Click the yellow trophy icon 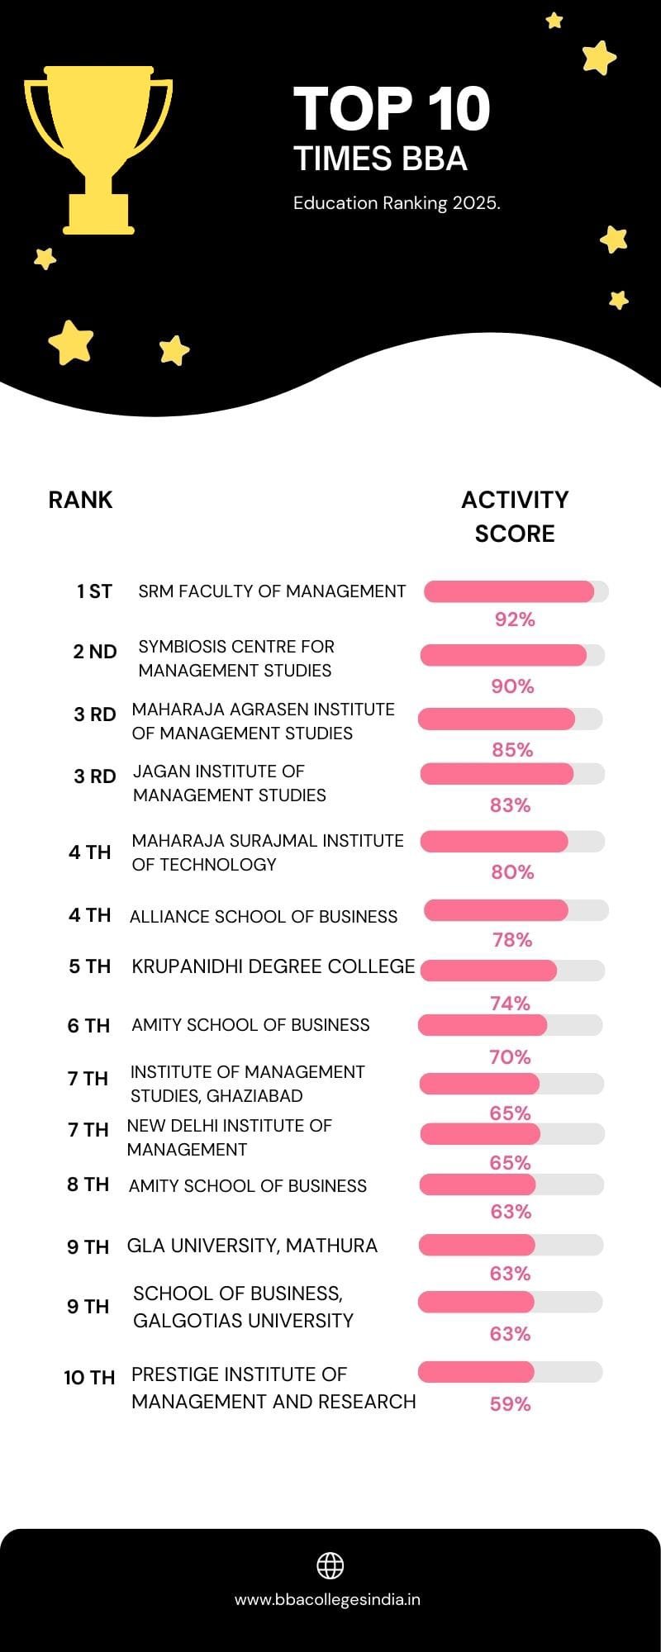point(98,149)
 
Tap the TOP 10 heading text point(392,109)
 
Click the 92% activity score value point(515,619)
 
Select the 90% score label point(512,686)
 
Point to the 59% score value point(510,1404)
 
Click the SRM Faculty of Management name point(272,591)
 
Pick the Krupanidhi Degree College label point(273,966)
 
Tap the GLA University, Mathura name point(252,1246)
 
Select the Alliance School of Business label point(264,917)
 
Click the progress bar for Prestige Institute point(510,1373)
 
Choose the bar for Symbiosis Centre point(512,656)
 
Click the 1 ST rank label point(94,591)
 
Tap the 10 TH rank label point(89,1378)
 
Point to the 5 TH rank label point(89,966)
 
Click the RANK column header point(80,500)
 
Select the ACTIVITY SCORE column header point(515,516)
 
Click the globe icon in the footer point(330,1565)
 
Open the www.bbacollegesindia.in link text point(327,1600)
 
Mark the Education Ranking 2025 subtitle point(397,203)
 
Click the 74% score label point(510,1004)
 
